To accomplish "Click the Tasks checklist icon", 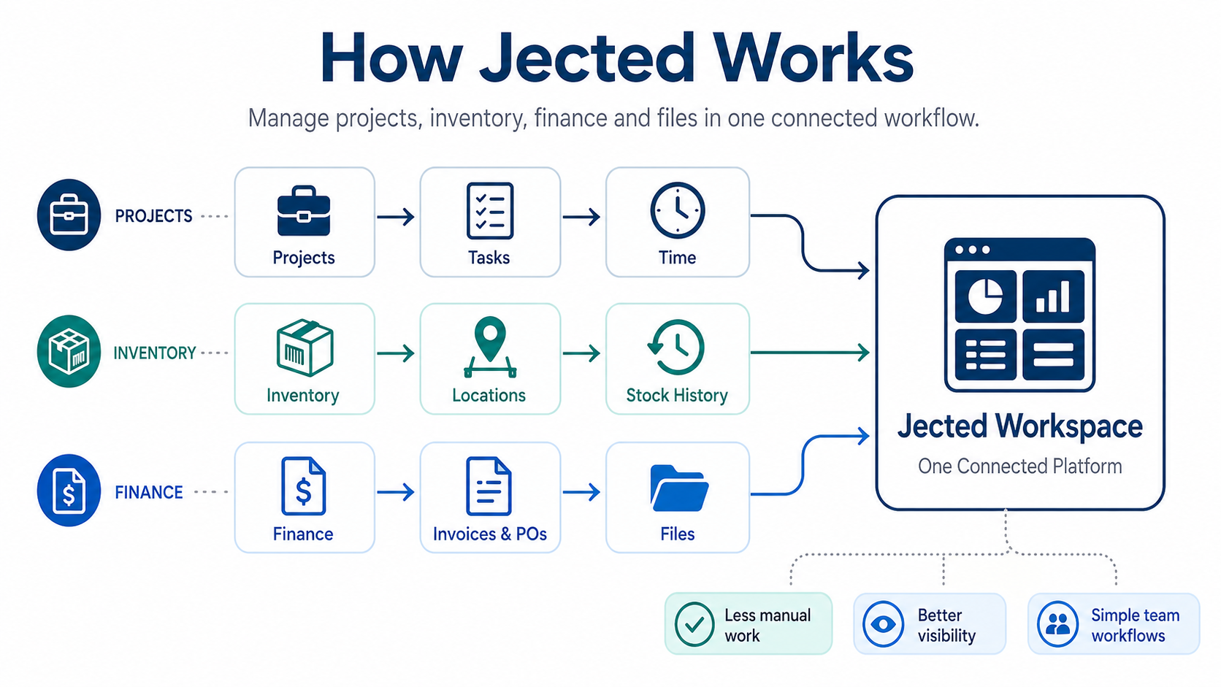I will (x=489, y=211).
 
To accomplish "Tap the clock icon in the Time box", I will (x=677, y=210).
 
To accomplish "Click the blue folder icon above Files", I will (x=678, y=488).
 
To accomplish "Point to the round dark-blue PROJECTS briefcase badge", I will (x=69, y=215).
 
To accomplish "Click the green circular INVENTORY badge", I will (x=69, y=351).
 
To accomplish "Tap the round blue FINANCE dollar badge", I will (x=69, y=491).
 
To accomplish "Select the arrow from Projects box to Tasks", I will (x=397, y=217).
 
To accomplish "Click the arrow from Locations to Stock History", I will (x=582, y=353).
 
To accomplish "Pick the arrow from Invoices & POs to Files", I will (x=582, y=492).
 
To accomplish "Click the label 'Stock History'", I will (x=677, y=395).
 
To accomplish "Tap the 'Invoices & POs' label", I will (x=489, y=534).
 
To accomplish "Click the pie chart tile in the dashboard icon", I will (x=985, y=296).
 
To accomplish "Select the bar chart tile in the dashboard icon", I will (x=1053, y=296).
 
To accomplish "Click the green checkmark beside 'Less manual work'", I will (x=694, y=624).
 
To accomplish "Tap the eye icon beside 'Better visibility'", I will (x=884, y=624).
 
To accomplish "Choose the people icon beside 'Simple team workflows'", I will (x=1057, y=624).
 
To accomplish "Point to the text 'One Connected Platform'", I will (x=1019, y=466).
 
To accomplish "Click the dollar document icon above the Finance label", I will (x=303, y=486).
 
